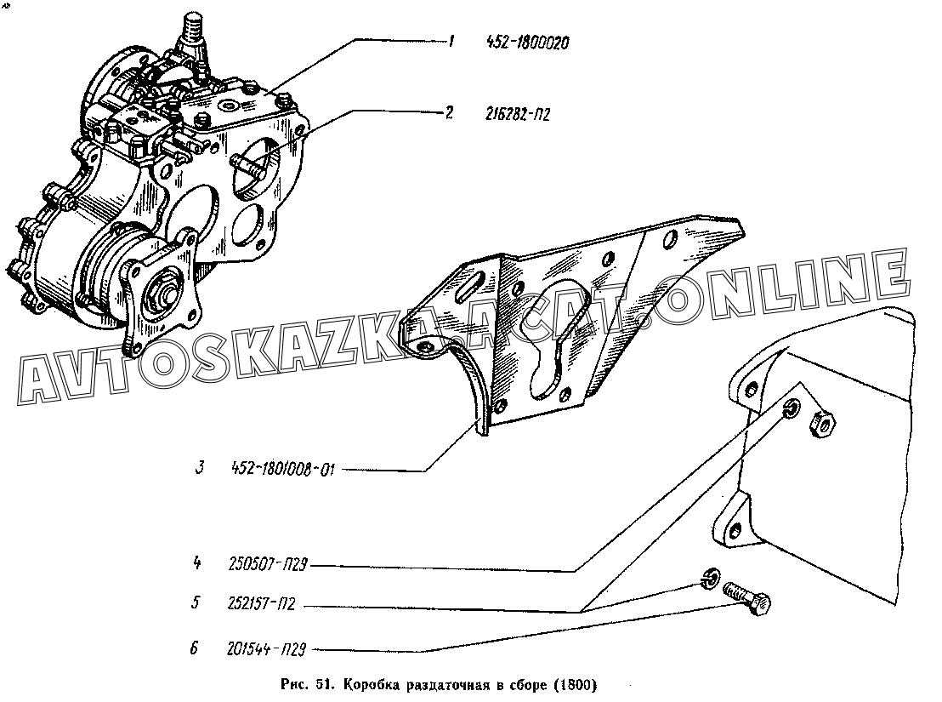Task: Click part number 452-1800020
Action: click(x=527, y=43)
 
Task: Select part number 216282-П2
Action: click(x=517, y=113)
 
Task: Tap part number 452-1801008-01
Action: click(x=282, y=469)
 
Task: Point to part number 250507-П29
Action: click(x=268, y=564)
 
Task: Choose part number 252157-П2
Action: click(x=262, y=603)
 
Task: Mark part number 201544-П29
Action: click(x=267, y=649)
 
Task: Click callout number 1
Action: click(x=451, y=42)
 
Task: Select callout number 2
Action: click(x=449, y=112)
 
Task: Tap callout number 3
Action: click(x=200, y=467)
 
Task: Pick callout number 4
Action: click(x=196, y=564)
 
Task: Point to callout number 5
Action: click(x=196, y=602)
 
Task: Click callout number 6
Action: click(x=194, y=648)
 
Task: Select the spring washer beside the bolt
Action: click(x=710, y=579)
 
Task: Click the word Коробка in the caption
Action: click(x=374, y=685)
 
